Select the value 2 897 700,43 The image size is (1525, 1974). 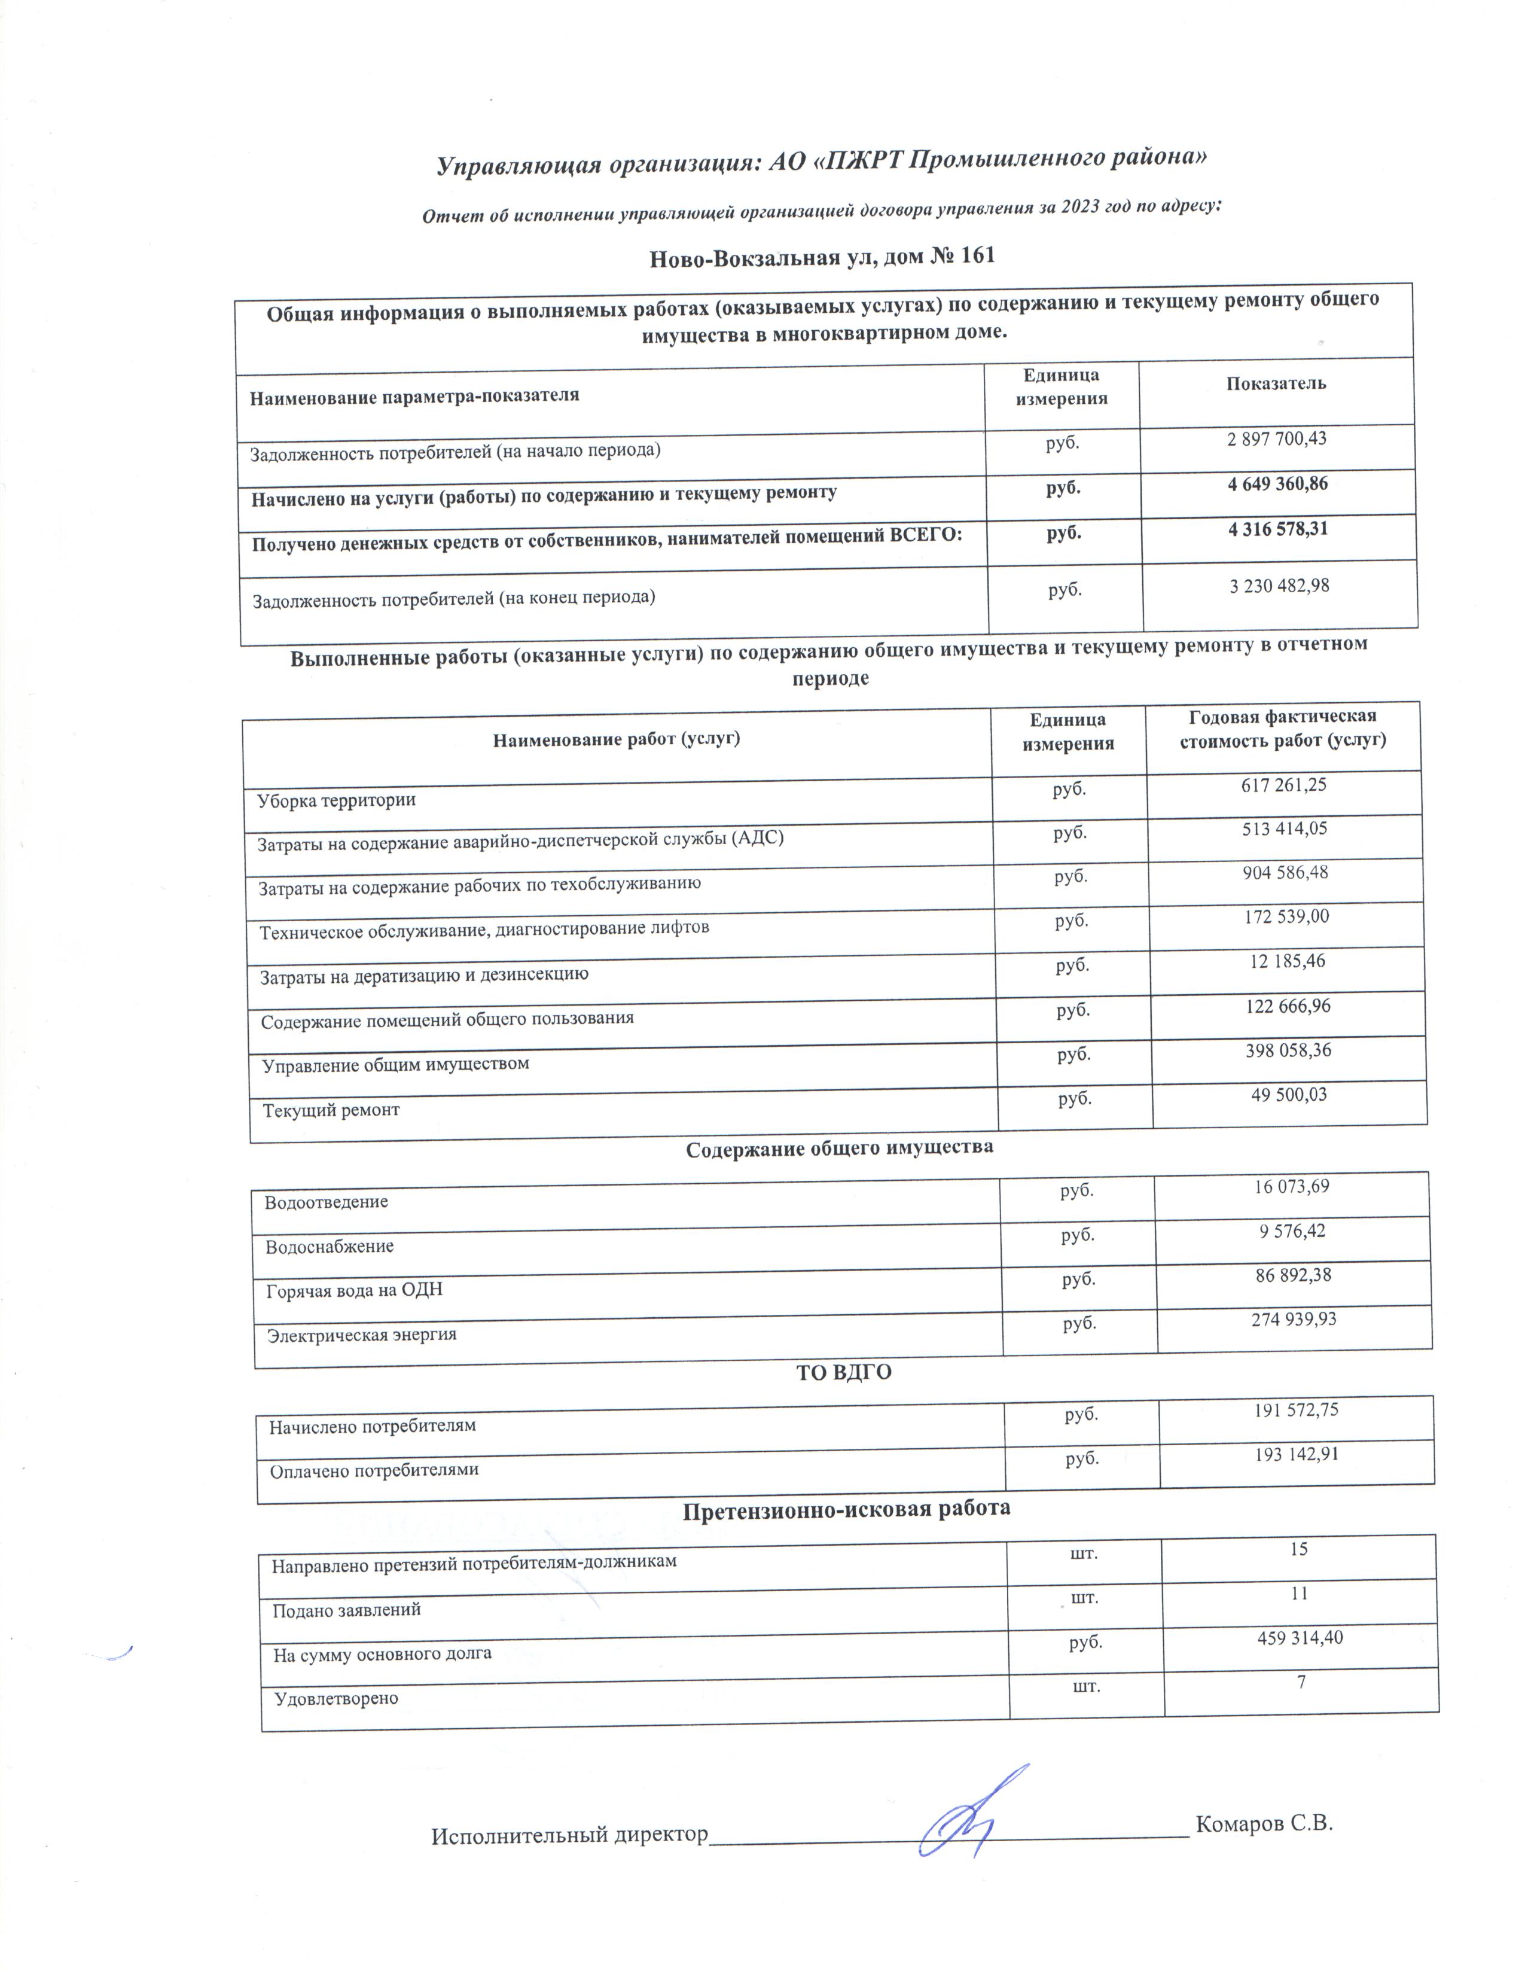(x=1277, y=439)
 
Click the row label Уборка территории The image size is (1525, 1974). (x=336, y=800)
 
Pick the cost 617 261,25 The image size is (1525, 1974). (x=1283, y=785)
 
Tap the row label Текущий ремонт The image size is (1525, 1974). (x=331, y=1110)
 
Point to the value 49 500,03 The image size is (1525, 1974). (x=1288, y=1095)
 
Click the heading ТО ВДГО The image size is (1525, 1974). (x=843, y=1373)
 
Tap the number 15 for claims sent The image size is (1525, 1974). (x=1298, y=1549)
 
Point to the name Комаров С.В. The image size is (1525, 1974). (x=1264, y=1824)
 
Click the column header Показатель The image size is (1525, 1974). (x=1276, y=383)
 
